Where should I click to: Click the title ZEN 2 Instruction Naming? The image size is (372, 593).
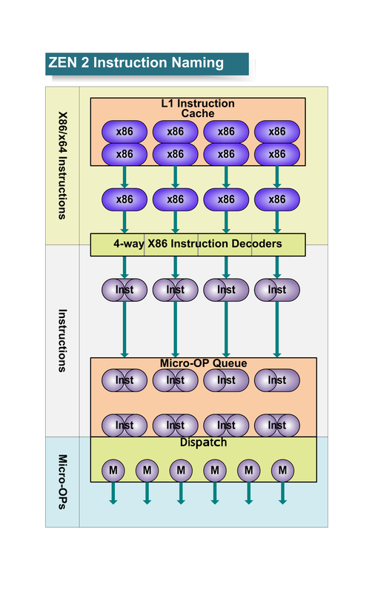[136, 63]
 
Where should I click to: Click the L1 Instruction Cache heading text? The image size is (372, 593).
[198, 108]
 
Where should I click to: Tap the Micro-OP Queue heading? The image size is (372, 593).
[203, 363]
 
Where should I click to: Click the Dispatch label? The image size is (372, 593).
[203, 443]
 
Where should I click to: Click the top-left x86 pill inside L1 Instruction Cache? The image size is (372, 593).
[124, 132]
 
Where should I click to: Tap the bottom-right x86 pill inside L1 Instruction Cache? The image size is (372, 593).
[276, 154]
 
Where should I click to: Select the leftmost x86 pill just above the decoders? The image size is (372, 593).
[124, 199]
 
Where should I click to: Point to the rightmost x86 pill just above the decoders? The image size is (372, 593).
[276, 199]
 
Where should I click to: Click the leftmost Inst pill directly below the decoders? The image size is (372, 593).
[124, 290]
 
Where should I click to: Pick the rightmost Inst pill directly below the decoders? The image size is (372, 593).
[276, 290]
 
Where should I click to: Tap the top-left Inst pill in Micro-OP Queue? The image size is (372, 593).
[124, 380]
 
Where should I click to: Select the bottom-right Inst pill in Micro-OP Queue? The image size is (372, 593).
[276, 425]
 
